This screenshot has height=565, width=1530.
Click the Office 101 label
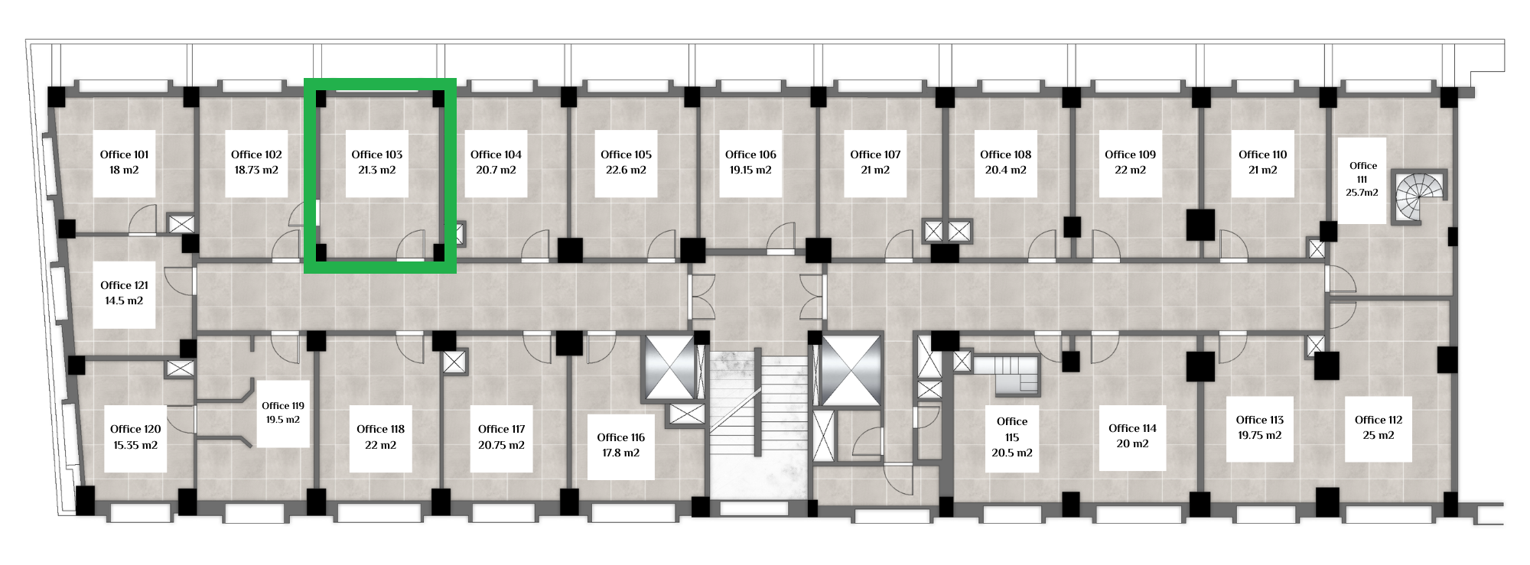click(124, 154)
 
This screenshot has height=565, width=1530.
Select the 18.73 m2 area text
click(256, 170)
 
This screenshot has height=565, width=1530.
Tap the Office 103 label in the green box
click(377, 154)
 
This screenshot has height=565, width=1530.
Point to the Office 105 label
click(626, 154)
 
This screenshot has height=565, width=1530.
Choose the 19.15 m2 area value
click(750, 170)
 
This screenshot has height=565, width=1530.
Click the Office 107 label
click(875, 154)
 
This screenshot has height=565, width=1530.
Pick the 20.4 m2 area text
click(1006, 170)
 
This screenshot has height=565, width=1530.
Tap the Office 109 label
click(1130, 154)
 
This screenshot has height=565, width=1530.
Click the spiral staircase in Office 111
click(1419, 196)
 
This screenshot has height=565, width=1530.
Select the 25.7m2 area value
click(1362, 193)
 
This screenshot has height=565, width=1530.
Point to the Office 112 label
click(1379, 420)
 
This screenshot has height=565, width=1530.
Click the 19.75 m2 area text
click(1260, 435)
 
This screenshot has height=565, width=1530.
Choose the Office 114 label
click(1132, 428)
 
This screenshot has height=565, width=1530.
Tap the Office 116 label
click(620, 437)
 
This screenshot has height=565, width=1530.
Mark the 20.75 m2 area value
click(502, 445)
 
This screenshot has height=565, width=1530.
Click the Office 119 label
click(283, 406)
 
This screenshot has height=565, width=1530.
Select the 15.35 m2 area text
click(135, 445)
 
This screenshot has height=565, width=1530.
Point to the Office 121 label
click(124, 285)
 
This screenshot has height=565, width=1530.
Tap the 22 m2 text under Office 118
click(380, 445)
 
